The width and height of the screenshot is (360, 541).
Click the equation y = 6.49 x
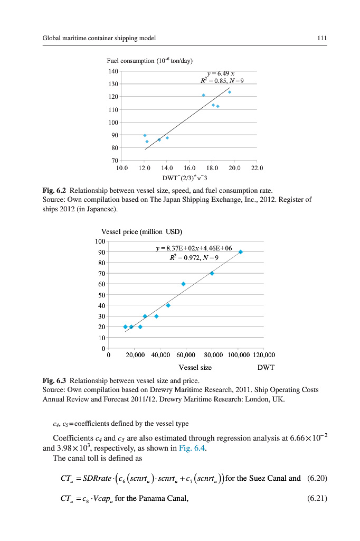(221, 73)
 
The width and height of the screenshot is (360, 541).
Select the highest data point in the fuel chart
(230, 92)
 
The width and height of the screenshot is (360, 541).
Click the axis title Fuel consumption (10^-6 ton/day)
(145, 60)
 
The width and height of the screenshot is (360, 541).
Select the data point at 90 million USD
(241, 252)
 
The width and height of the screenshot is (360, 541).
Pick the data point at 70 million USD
(212, 273)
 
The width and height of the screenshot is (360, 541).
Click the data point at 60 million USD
(183, 284)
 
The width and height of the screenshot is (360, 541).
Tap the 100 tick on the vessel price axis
(100, 241)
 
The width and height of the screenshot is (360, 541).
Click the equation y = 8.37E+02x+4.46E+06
(194, 248)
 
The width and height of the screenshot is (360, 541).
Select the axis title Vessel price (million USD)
(141, 231)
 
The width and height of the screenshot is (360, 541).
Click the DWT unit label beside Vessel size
(266, 367)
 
